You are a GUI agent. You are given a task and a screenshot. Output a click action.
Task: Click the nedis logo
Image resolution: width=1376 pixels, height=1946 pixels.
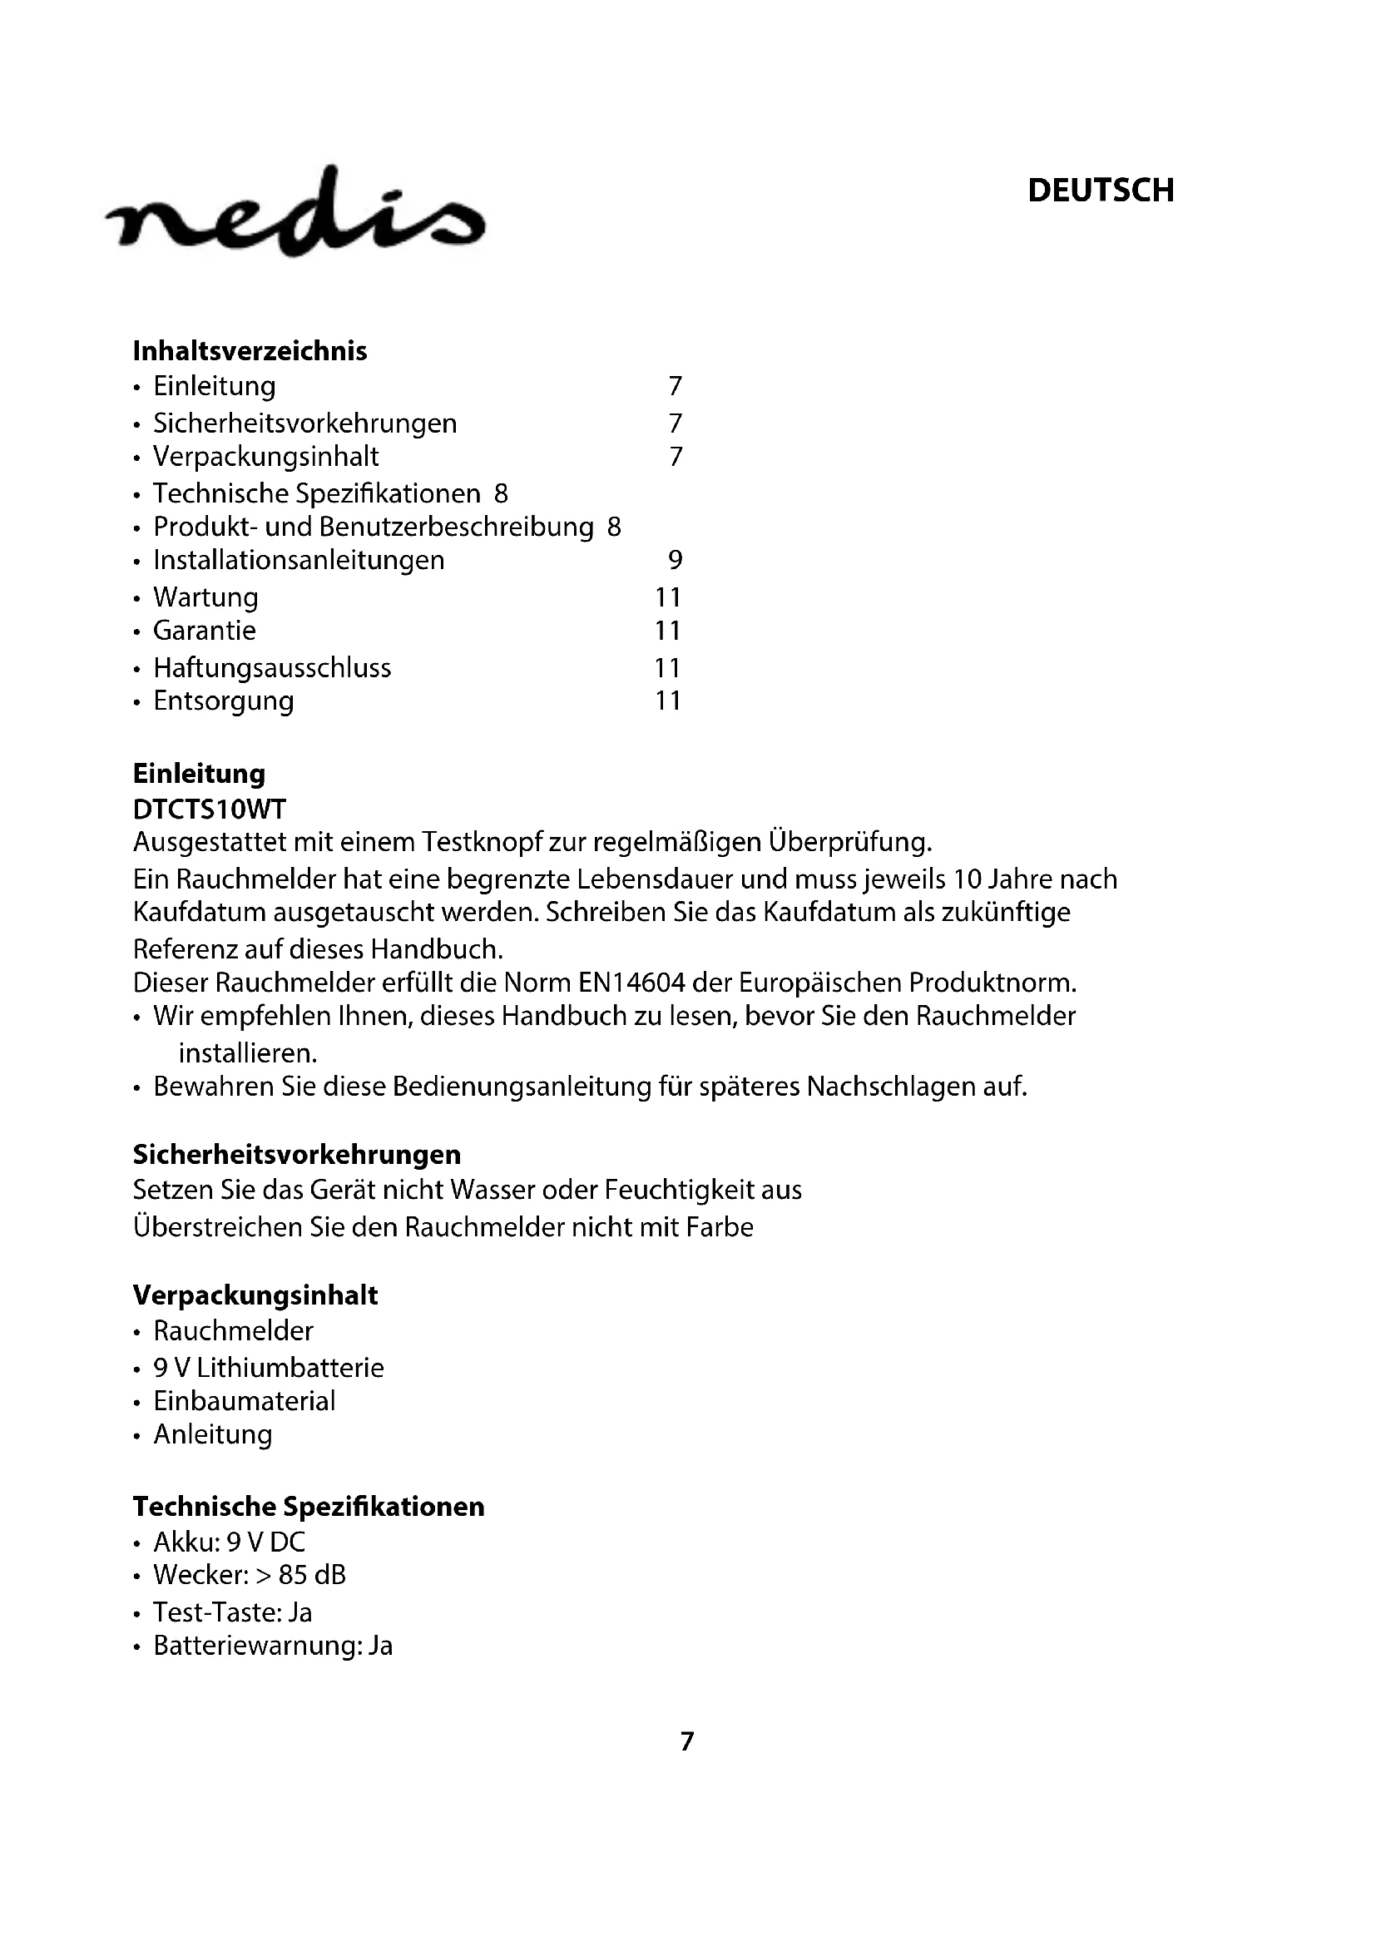(x=295, y=212)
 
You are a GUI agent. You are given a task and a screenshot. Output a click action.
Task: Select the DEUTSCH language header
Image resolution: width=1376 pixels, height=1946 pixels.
(x=1101, y=191)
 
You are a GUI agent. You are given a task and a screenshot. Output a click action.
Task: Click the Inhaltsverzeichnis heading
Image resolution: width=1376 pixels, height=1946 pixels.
(x=250, y=351)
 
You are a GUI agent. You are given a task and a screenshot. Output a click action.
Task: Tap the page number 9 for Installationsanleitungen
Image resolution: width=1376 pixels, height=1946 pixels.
(x=676, y=560)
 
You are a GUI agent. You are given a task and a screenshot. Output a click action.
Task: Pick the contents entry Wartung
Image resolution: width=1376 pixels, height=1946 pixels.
(x=205, y=597)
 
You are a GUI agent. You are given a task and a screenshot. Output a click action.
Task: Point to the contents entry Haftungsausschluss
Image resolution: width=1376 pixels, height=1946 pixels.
(x=272, y=668)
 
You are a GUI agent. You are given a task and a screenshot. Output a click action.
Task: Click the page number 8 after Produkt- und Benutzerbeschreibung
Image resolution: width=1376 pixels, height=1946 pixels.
(x=614, y=527)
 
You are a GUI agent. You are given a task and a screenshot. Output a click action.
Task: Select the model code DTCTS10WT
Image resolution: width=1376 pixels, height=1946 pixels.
(x=210, y=810)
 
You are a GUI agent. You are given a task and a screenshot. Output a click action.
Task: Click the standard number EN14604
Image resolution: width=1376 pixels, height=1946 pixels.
(x=632, y=983)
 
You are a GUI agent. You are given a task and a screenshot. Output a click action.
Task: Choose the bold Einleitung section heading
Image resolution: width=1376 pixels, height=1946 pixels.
(x=199, y=774)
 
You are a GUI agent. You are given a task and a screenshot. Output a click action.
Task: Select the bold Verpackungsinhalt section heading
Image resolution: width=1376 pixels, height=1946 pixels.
(x=255, y=1295)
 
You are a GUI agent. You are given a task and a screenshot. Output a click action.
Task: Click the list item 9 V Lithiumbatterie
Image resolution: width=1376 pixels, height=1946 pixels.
(x=269, y=1368)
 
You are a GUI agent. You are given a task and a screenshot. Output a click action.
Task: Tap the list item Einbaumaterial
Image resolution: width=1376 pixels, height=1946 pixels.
(x=244, y=1401)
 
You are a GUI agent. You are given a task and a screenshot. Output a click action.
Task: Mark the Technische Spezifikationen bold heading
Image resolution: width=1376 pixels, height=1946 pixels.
(x=309, y=1506)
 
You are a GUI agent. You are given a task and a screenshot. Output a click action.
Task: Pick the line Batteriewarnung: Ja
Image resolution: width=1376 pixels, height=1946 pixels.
(x=273, y=1646)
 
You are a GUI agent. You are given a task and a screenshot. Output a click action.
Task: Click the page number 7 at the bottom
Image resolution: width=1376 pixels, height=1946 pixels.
(x=687, y=1741)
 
